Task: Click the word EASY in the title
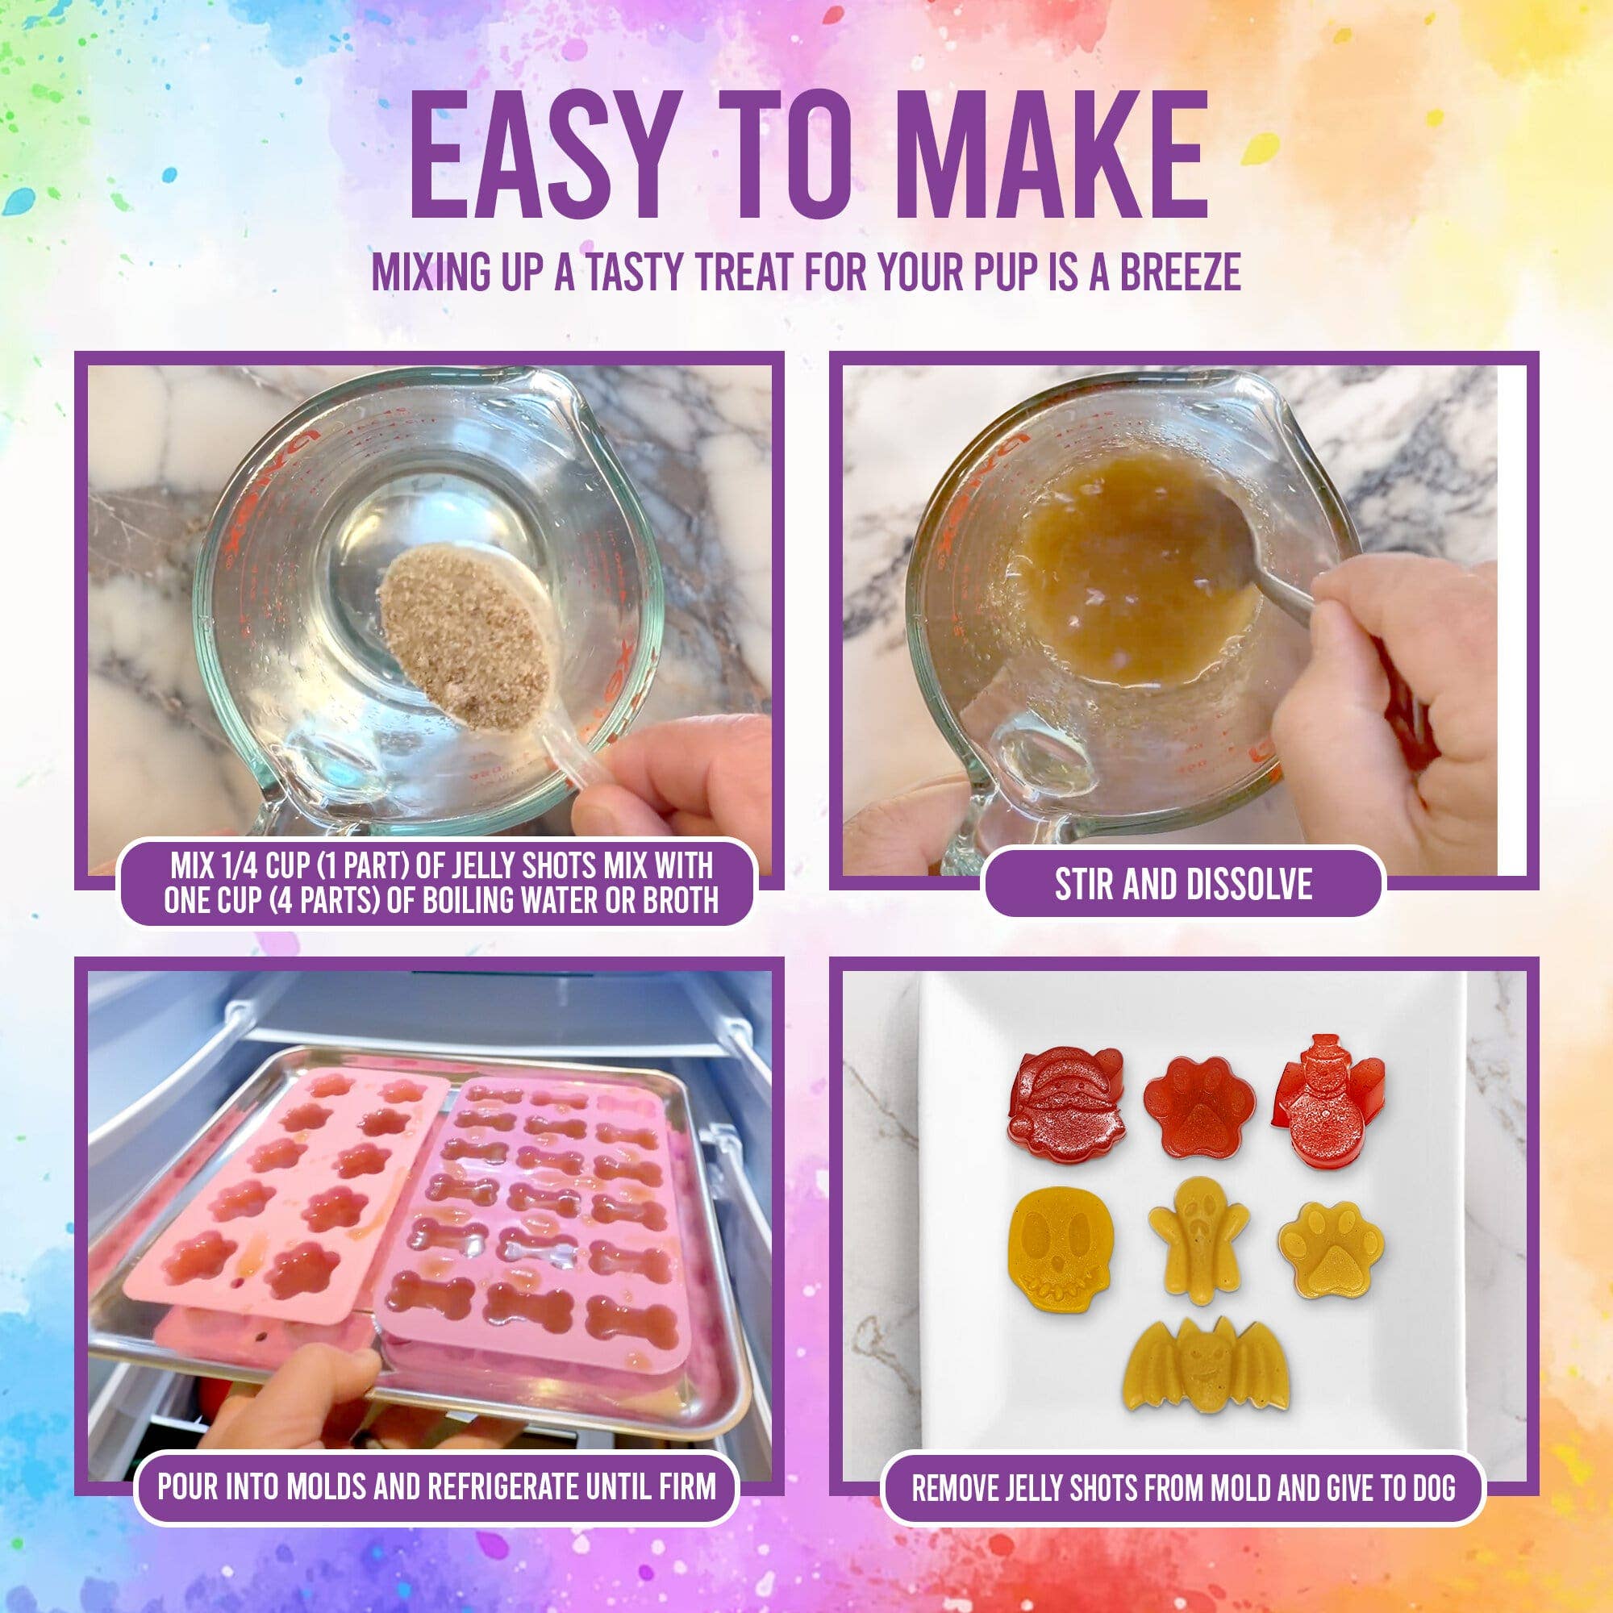[539, 160]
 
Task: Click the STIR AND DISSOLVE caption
[1183, 884]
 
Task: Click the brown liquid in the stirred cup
[1136, 576]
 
